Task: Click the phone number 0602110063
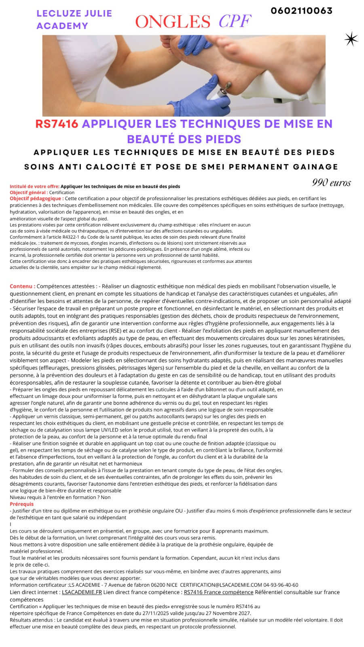tap(302, 11)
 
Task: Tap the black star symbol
tap(351, 39)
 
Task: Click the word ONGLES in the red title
tap(173, 22)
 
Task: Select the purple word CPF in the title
tap(235, 21)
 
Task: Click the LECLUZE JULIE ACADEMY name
tap(74, 19)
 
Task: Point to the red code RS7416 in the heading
tap(57, 124)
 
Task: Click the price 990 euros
tap(331, 182)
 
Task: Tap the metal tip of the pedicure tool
tap(228, 85)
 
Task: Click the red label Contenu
tap(22, 286)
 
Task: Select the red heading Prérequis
tap(22, 504)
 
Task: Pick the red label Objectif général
tap(29, 192)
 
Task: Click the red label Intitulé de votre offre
tap(34, 186)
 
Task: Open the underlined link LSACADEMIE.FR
tap(82, 592)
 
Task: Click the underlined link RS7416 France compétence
tap(218, 592)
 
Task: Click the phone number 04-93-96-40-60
tap(281, 585)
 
